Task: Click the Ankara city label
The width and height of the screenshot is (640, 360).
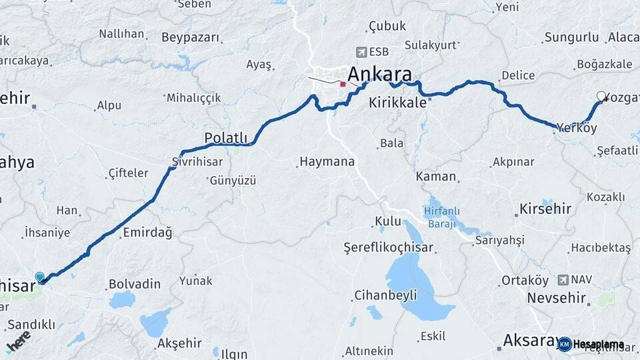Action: tap(379, 73)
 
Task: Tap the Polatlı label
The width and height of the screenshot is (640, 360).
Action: tap(225, 138)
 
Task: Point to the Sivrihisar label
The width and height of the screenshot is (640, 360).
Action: tap(195, 161)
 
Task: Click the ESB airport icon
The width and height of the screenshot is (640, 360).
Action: tap(361, 51)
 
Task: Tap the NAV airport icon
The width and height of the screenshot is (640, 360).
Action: tap(565, 280)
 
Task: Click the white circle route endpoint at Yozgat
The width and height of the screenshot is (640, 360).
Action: tap(601, 96)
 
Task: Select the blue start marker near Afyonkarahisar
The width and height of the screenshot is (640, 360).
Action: tap(40, 277)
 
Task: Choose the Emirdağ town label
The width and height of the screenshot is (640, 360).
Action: tap(147, 233)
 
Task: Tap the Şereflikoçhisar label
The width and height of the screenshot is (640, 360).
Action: tap(388, 247)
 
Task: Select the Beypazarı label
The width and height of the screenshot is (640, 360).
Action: tap(171, 37)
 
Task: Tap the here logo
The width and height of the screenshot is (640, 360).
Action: tap(19, 341)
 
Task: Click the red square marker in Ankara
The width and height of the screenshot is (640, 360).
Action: tap(343, 84)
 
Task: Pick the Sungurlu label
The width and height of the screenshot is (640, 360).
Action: tap(571, 37)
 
